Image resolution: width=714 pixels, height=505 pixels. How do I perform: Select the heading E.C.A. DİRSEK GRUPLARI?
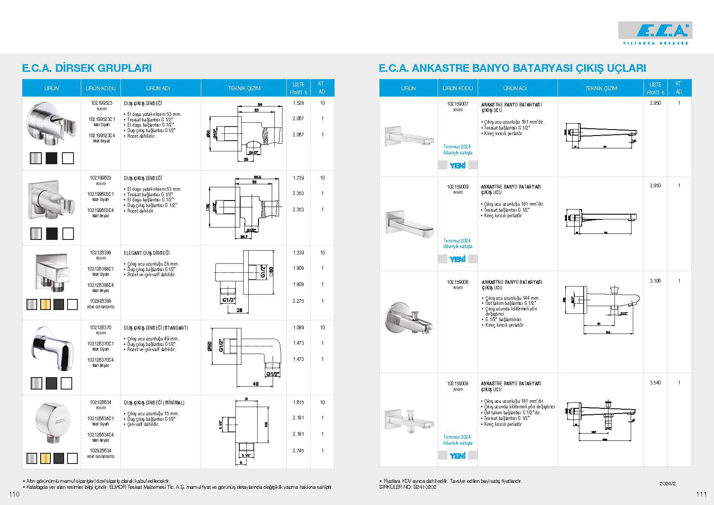tap(87, 68)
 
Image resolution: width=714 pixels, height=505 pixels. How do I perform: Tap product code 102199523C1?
tap(101, 119)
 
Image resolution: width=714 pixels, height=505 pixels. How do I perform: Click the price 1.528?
tap(298, 103)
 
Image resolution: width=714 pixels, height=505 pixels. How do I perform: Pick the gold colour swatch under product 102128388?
tap(45, 304)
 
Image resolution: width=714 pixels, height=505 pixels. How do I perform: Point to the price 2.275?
tap(298, 301)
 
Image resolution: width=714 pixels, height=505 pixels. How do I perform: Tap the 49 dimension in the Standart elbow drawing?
tap(256, 384)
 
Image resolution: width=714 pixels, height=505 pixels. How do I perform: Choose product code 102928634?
tap(101, 451)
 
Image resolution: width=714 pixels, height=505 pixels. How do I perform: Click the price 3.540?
tap(655, 383)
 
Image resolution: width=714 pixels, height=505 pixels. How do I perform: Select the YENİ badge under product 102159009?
tap(458, 259)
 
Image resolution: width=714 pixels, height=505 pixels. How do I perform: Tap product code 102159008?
tap(458, 384)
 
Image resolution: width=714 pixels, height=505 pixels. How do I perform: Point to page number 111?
tap(701, 494)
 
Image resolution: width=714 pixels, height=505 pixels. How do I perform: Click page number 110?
tap(14, 494)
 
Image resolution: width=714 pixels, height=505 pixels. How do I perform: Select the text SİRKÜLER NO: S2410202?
tap(408, 487)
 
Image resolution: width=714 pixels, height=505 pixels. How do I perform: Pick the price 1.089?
tap(298, 328)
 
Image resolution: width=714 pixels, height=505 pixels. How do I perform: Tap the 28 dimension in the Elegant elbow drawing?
tap(239, 310)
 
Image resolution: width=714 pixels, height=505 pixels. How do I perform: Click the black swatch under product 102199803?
tap(52, 233)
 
